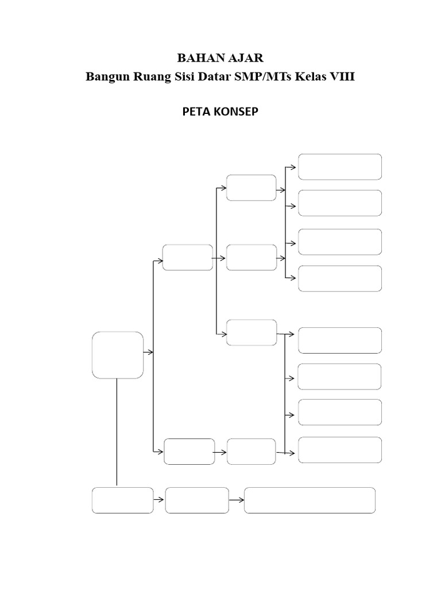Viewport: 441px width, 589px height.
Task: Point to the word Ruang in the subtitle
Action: (150, 78)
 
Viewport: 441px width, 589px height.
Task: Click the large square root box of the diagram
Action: (118, 355)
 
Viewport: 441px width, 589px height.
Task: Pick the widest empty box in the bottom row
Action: (310, 500)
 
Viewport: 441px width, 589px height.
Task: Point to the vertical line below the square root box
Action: (117, 431)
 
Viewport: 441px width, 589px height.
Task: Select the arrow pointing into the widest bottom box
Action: (237, 500)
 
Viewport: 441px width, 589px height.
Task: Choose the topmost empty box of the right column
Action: (340, 167)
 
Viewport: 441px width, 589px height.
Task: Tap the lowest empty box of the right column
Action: (340, 449)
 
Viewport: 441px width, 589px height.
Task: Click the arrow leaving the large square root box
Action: (148, 352)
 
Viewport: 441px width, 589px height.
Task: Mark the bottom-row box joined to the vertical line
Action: (123, 500)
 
